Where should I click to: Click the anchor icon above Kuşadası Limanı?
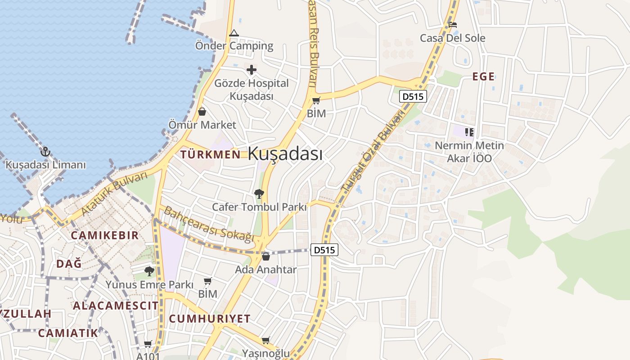click(x=45, y=152)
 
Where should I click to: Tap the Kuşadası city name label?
click(x=285, y=154)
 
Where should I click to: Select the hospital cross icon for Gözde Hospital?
click(x=252, y=70)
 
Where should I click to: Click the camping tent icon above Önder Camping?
click(x=234, y=33)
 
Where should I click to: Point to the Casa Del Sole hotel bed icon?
click(x=453, y=24)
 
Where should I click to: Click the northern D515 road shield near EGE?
click(x=414, y=96)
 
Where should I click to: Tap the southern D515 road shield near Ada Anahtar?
click(x=324, y=250)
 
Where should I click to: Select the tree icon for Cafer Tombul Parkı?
click(x=259, y=194)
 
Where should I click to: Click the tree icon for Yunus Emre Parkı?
click(x=149, y=271)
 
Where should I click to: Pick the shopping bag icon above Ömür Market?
click(x=202, y=112)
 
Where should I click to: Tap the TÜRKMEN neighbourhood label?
click(x=210, y=155)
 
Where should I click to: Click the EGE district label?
click(x=483, y=76)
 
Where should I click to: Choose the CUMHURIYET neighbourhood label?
click(x=210, y=319)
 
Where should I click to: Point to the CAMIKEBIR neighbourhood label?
click(x=104, y=235)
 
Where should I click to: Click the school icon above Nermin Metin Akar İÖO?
click(x=469, y=132)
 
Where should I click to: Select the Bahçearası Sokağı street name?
click(x=209, y=224)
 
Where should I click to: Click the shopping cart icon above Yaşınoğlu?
click(x=266, y=340)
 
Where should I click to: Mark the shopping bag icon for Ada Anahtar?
click(x=265, y=256)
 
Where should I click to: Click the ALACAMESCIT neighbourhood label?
click(x=116, y=306)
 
